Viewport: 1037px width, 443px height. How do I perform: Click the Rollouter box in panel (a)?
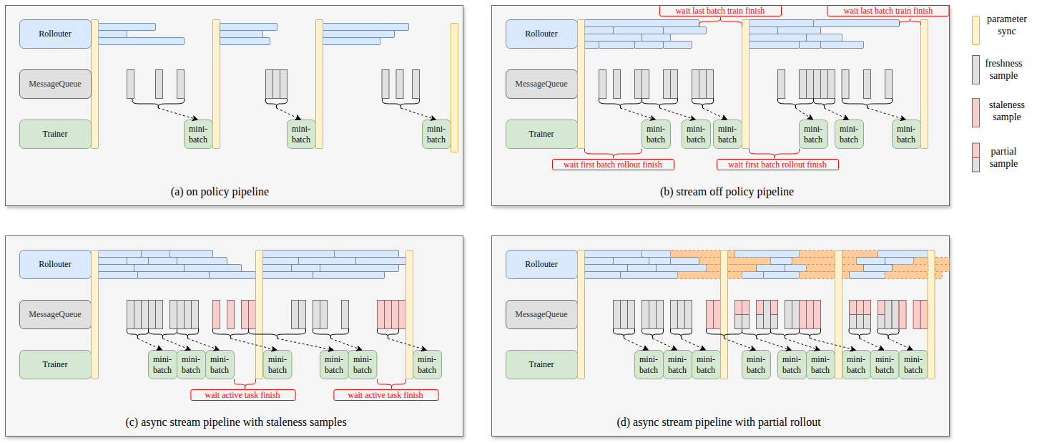[x=55, y=34]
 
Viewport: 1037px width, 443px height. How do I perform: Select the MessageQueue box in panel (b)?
[x=541, y=84]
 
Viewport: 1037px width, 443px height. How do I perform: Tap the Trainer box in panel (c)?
[x=55, y=365]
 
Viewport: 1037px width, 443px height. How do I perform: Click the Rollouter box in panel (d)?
[x=541, y=264]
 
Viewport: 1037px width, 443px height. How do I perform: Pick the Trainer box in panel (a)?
[x=55, y=134]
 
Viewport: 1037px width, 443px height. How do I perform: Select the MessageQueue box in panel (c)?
[x=55, y=314]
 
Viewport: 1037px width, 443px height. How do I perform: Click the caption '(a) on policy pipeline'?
[x=220, y=191]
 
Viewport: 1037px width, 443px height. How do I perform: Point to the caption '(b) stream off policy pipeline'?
[x=727, y=191]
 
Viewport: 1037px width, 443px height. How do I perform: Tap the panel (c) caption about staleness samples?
[x=235, y=422]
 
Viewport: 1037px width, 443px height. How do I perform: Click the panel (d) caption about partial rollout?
[x=719, y=422]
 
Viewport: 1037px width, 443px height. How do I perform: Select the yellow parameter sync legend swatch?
[x=975, y=30]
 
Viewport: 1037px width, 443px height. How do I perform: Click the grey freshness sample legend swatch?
[x=975, y=69]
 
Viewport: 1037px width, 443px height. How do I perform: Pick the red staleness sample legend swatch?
[x=975, y=112]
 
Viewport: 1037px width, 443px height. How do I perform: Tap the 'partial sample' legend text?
[x=1003, y=157]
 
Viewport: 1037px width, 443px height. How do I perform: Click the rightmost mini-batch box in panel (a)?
[x=436, y=134]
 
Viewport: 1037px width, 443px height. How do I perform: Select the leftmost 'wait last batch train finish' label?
[x=720, y=11]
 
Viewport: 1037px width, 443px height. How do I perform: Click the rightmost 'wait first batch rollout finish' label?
[x=777, y=165]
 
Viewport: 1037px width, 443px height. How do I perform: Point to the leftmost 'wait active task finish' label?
[x=242, y=395]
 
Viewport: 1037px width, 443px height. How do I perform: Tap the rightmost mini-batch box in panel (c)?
[x=427, y=365]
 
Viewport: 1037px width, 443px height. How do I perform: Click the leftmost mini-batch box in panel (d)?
[x=649, y=365]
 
